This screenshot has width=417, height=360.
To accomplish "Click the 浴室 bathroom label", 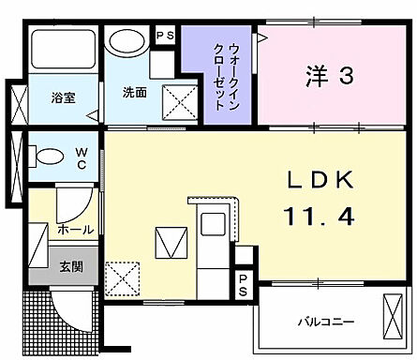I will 63,94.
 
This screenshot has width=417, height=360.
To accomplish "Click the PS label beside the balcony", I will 243,286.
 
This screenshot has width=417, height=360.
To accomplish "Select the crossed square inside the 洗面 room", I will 174,100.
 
